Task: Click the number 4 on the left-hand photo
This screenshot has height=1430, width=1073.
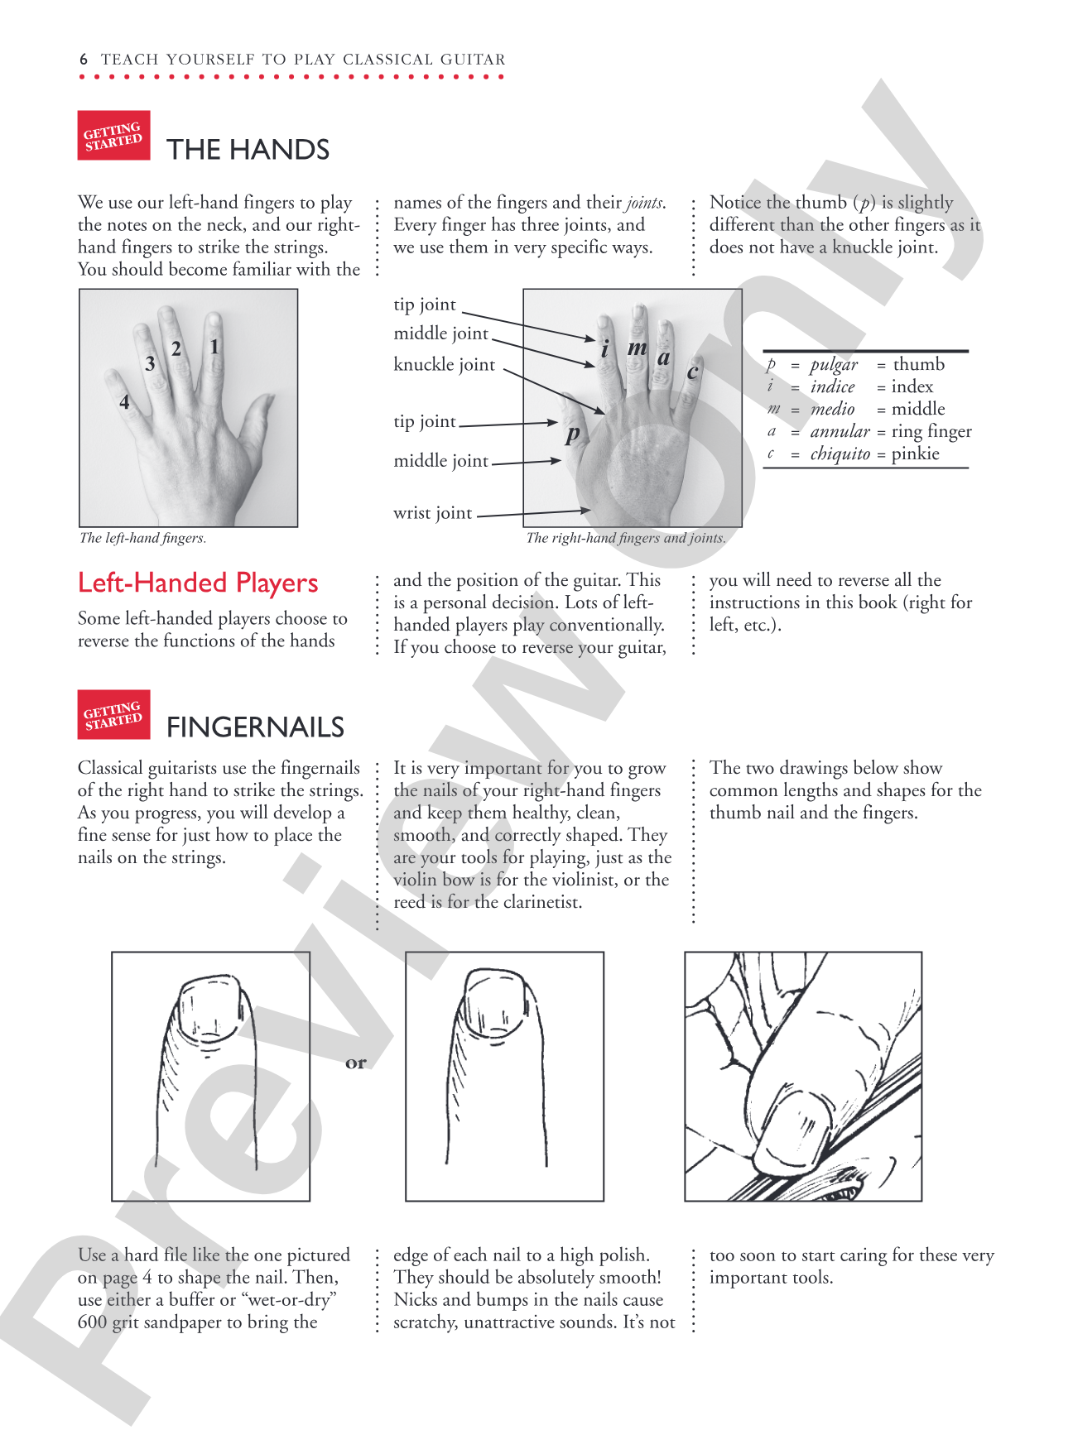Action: [124, 402]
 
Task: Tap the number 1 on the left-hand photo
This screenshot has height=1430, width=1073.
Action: [214, 347]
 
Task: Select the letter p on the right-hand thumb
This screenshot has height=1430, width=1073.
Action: [572, 434]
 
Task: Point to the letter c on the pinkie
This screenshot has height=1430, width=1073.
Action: [693, 372]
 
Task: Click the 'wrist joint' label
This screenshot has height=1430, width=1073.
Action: [433, 513]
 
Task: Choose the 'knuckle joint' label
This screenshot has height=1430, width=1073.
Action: [445, 365]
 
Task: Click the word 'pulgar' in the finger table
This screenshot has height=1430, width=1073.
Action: [834, 365]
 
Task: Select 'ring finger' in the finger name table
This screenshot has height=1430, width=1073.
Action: [931, 431]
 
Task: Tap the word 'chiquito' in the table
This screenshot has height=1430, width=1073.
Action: [840, 453]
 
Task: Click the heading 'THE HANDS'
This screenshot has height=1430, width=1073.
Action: [248, 150]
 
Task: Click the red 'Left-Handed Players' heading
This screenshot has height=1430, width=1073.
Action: [198, 583]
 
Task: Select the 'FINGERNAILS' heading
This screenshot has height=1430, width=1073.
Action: [255, 727]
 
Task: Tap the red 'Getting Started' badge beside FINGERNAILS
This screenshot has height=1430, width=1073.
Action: [113, 714]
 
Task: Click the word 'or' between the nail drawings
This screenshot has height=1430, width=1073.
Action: [356, 1063]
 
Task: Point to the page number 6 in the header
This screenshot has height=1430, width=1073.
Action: [84, 60]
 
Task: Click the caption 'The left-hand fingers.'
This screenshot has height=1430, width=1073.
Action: [142, 538]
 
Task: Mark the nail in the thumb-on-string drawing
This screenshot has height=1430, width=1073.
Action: [795, 1125]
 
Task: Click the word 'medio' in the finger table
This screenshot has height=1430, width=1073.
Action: [832, 409]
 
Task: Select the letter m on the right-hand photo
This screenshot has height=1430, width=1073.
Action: [637, 348]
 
